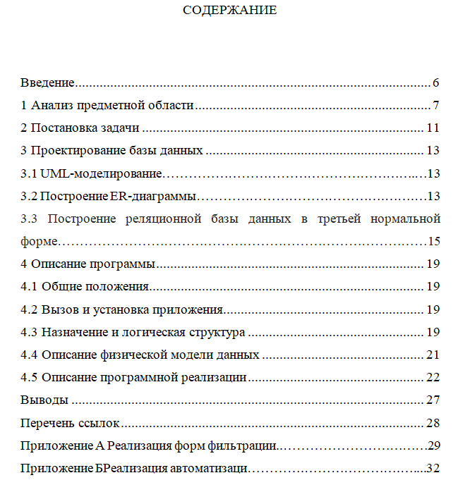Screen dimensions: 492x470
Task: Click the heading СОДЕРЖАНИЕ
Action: (x=230, y=11)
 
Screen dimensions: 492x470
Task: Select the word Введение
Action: (x=47, y=83)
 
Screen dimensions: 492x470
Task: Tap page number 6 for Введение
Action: (x=437, y=83)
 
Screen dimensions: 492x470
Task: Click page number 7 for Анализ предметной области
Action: (x=437, y=106)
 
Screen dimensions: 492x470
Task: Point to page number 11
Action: (x=433, y=128)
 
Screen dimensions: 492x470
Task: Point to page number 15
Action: (x=433, y=241)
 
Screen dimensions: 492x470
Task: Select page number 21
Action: (x=433, y=354)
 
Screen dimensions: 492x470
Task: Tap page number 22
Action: (x=433, y=376)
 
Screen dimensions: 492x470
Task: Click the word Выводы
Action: (x=44, y=400)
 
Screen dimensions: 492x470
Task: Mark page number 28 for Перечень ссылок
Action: (x=433, y=423)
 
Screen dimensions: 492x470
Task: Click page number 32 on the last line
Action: (x=433, y=468)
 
